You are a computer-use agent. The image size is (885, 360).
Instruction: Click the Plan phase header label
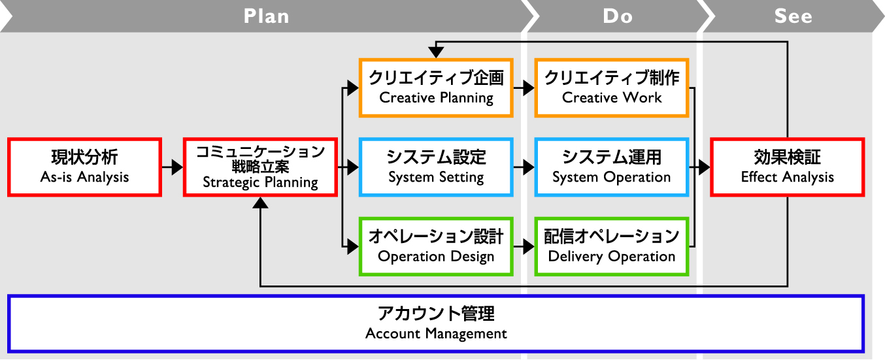(266, 16)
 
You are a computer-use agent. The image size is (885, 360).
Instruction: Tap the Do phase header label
(618, 16)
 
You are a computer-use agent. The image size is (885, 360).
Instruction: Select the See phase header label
(793, 16)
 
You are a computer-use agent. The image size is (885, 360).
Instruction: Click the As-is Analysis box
(84, 167)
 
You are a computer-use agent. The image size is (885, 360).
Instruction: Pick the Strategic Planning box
(260, 167)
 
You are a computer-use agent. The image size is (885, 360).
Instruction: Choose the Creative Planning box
(436, 88)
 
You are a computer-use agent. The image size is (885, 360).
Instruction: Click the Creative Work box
(612, 88)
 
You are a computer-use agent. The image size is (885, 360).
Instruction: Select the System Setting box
(436, 167)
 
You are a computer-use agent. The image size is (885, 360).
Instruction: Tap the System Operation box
(612, 167)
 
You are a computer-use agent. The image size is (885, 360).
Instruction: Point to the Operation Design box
(436, 246)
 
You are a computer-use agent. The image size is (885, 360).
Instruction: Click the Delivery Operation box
(612, 246)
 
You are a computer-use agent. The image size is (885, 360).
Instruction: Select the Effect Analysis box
(788, 167)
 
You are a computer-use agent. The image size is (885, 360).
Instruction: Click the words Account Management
(436, 334)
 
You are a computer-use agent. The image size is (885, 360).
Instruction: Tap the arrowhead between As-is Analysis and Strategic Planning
(177, 167)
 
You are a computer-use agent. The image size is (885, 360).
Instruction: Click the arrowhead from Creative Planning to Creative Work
(529, 88)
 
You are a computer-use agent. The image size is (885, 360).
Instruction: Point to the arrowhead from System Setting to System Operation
(529, 167)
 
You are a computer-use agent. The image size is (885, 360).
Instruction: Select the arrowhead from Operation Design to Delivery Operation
(529, 246)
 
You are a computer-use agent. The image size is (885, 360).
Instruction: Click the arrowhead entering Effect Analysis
(705, 167)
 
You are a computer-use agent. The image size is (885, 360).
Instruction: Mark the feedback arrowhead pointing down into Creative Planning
(436, 52)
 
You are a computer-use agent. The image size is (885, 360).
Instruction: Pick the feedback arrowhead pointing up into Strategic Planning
(260, 203)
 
